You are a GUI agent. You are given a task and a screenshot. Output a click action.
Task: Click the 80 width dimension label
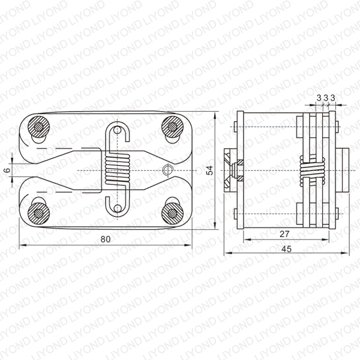pyautogui.click(x=106, y=239)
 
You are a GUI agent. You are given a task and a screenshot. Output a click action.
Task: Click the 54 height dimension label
pyautogui.click(x=209, y=170)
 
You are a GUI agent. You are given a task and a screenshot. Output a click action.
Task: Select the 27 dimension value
pyautogui.click(x=284, y=234)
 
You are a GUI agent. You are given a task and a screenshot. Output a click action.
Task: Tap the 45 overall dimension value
pyautogui.click(x=286, y=249)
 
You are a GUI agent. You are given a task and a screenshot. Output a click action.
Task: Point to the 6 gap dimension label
pyautogui.click(x=8, y=170)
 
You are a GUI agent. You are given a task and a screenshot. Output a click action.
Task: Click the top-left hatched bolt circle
pyautogui.click(x=38, y=127)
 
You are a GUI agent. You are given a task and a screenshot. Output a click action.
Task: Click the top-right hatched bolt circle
pyautogui.click(x=172, y=127)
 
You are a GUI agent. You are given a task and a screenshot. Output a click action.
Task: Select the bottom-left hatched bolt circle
pyautogui.click(x=38, y=214)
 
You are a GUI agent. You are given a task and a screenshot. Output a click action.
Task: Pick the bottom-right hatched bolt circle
pyautogui.click(x=172, y=214)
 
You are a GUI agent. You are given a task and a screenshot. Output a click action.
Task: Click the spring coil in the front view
pyautogui.click(x=118, y=169)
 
